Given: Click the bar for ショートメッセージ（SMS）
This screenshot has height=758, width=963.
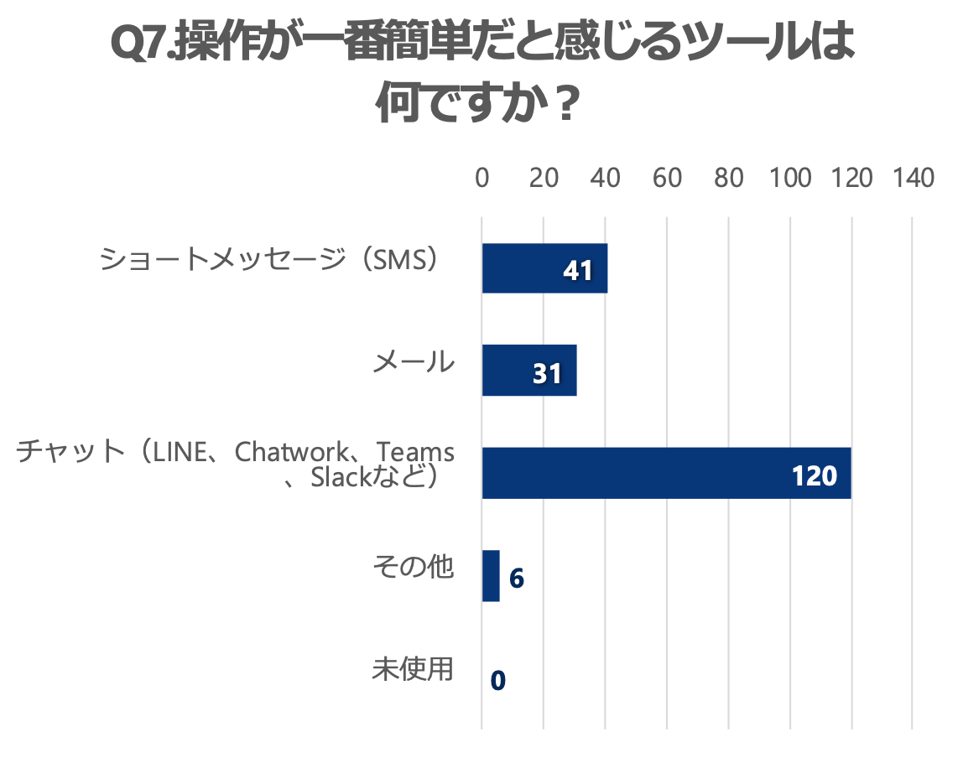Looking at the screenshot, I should pos(544,268).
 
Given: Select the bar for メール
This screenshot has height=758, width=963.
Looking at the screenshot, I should pos(528,371).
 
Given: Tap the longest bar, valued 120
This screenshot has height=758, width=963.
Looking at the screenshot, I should pos(666,474).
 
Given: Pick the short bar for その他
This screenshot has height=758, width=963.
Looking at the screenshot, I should pos(491,576).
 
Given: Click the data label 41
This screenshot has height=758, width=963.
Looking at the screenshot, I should pos(578,270).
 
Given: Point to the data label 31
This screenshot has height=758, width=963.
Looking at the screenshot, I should pos(547,373).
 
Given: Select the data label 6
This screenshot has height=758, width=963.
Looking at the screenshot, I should pos(517,579).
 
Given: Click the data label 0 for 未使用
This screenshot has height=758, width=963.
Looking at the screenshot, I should pos(498,680).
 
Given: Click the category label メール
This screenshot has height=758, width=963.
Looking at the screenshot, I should pos(414,363).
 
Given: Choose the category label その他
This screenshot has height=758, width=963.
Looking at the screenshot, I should pos(414,568).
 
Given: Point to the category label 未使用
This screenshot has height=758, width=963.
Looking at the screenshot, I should pos(414,670).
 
